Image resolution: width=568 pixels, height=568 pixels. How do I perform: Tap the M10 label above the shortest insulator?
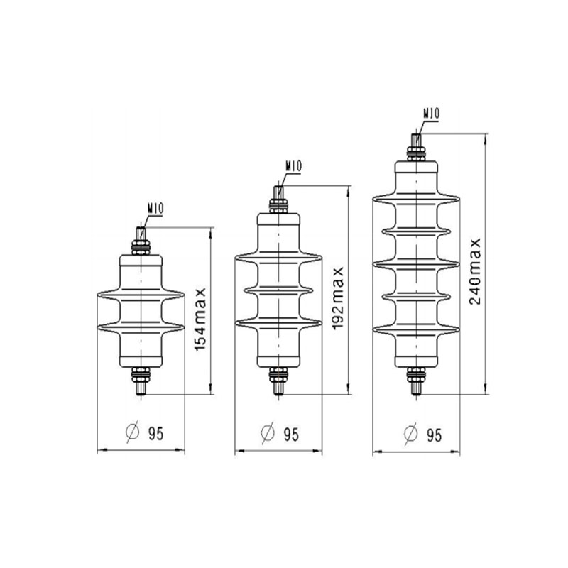[x=155, y=209]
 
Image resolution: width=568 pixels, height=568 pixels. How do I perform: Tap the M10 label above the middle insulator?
[x=294, y=166]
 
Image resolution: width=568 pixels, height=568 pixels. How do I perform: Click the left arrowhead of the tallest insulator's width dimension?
[x=376, y=449]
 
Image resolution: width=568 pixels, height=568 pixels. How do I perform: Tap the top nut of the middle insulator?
[x=279, y=207]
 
